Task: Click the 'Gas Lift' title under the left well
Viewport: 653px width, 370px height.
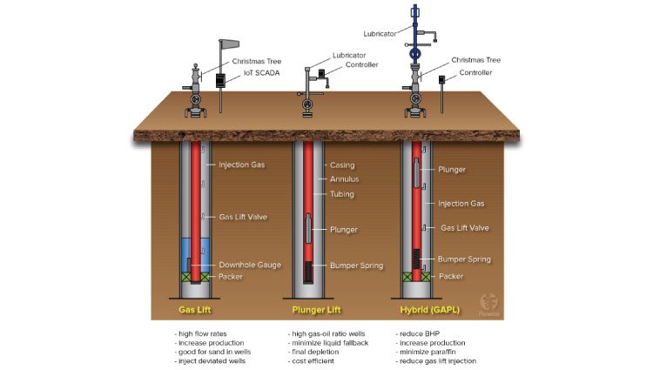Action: (x=195, y=309)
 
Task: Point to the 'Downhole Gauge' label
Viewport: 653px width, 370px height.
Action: (x=250, y=265)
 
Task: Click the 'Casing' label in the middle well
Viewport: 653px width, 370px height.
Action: (x=340, y=165)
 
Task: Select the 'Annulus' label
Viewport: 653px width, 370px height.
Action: (x=344, y=179)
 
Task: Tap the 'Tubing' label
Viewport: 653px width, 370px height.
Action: (x=341, y=194)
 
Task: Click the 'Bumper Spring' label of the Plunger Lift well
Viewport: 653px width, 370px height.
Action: (x=356, y=265)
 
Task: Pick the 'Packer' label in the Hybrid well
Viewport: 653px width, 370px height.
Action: (x=451, y=276)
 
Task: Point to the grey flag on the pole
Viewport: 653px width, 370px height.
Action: (x=228, y=44)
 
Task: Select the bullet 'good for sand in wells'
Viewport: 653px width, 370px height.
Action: (x=212, y=352)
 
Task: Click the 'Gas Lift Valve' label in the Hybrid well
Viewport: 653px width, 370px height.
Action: (x=466, y=227)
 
